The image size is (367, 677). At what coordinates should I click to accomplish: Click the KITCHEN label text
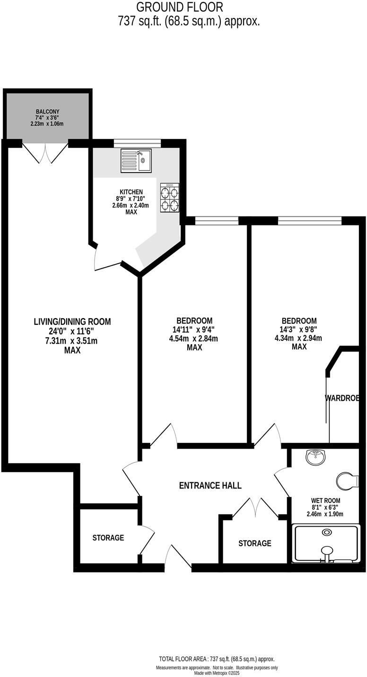point(131,192)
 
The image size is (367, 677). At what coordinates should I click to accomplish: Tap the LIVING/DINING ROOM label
point(72,322)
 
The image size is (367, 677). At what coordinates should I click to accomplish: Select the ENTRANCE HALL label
point(210,486)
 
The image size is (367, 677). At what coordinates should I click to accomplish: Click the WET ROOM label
point(325,501)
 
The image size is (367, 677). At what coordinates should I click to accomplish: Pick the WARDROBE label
point(343,399)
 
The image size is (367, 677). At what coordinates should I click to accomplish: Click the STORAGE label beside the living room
point(108,538)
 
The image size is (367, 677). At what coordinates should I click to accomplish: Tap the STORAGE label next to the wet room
point(255,543)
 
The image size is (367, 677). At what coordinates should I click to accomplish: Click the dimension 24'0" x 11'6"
point(72,331)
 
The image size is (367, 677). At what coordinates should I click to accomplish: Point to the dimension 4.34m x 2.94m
point(298,338)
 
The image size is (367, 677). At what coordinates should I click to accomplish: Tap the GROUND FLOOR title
point(179,7)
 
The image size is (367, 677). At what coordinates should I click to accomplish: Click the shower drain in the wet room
point(326,532)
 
